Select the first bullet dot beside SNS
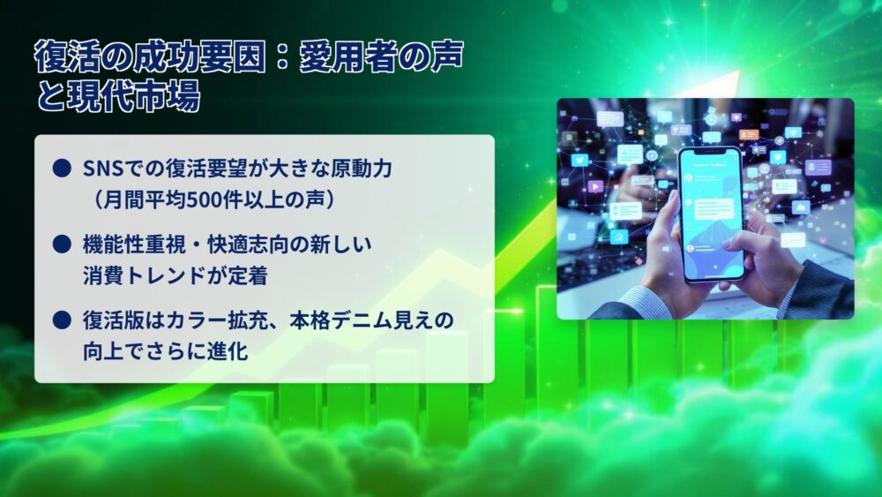(62, 169)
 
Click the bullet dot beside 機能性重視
(62, 245)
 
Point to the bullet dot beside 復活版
(62, 320)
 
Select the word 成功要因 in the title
(199, 56)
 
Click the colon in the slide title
(282, 58)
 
